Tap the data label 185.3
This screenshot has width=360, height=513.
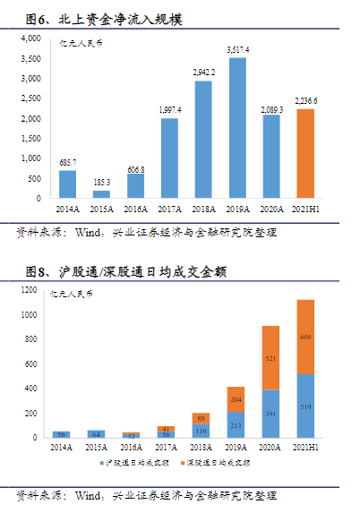(x=102, y=183)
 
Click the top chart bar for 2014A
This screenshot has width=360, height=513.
(x=68, y=184)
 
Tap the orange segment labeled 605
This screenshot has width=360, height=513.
(x=305, y=337)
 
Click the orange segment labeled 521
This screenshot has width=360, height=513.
(x=270, y=358)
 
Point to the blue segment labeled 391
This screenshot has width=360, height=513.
(x=270, y=414)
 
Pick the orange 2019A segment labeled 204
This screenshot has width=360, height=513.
(x=236, y=399)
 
